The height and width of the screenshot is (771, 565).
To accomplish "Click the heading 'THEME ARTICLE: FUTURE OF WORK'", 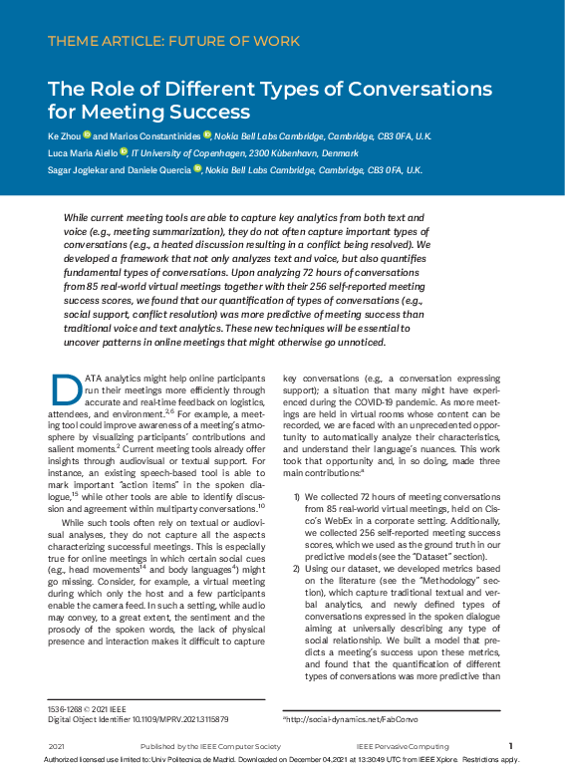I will [173, 42].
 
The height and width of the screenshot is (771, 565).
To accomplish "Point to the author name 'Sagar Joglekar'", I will [79, 170].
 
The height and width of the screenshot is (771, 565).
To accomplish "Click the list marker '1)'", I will [296, 495].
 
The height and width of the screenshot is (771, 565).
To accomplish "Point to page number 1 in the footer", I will [510, 745].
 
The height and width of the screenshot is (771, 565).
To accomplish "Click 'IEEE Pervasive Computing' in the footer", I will [397, 746].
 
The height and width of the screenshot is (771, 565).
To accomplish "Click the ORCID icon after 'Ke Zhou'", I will [88, 134].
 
